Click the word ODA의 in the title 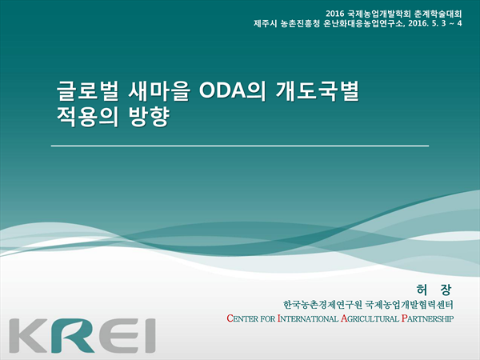(232, 91)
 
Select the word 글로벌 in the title (87, 91)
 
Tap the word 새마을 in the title (159, 91)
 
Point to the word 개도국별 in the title (317, 91)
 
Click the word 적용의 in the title (87, 117)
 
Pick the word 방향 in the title (149, 117)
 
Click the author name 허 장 (434, 290)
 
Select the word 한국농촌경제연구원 (322, 305)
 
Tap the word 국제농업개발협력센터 (410, 305)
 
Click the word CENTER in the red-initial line (242, 318)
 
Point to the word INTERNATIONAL (308, 318)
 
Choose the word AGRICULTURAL (370, 318)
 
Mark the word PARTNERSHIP (427, 318)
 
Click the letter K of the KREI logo (28, 335)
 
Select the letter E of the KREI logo (118, 336)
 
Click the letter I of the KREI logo (150, 336)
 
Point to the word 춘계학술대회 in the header (438, 14)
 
